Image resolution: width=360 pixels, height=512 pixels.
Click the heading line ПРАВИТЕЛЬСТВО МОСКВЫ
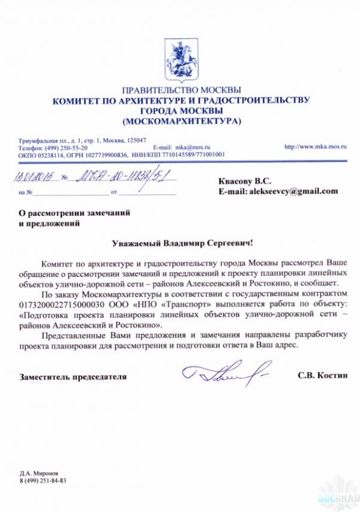[x=181, y=90]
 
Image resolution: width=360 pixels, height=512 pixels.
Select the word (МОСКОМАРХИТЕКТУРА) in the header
[x=181, y=122]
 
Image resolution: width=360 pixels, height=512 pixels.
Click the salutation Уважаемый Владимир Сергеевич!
[x=183, y=243]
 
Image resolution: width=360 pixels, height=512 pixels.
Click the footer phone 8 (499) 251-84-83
[x=43, y=481]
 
